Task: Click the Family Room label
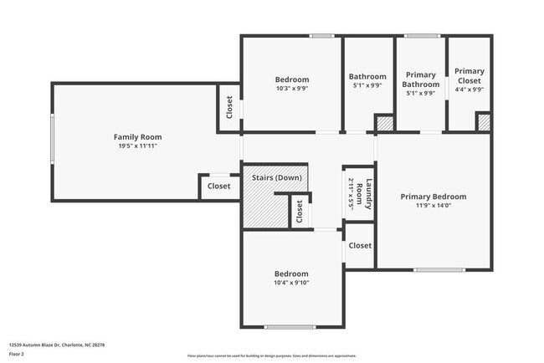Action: tap(138, 136)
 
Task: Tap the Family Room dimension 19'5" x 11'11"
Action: tap(138, 146)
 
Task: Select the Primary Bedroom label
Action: tap(433, 197)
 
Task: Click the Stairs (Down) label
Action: tap(276, 177)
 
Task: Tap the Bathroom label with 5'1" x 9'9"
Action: tap(367, 76)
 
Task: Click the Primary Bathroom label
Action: tap(420, 79)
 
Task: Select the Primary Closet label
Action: tap(469, 76)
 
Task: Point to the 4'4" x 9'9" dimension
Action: tap(469, 89)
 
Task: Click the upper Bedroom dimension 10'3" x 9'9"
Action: tap(292, 89)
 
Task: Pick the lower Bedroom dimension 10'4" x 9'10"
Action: tap(292, 283)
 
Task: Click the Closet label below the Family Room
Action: tap(219, 187)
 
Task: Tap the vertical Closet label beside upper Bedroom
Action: tap(229, 108)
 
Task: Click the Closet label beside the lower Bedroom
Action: tap(360, 245)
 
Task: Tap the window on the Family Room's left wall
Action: tap(53, 141)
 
